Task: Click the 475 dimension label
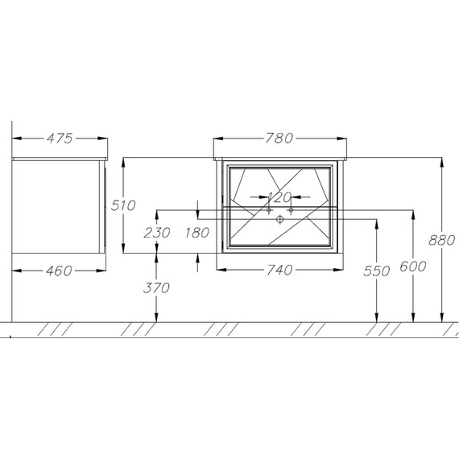60,139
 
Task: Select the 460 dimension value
59,271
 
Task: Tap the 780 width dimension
279,139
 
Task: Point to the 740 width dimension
279,270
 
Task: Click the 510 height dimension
123,205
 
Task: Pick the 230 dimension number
157,233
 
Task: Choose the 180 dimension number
197,233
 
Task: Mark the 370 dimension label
156,288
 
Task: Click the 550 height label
376,271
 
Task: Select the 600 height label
413,267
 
